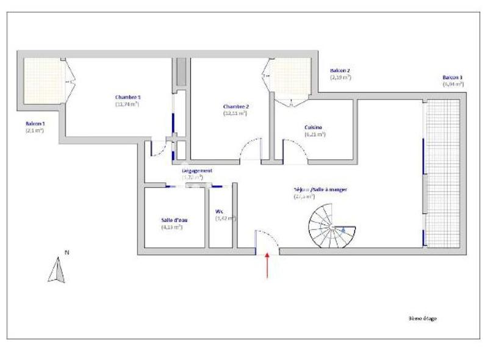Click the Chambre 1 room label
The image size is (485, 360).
(x=128, y=97)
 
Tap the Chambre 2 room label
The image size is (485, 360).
(x=235, y=106)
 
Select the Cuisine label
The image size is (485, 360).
(x=314, y=128)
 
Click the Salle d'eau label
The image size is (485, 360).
(x=172, y=220)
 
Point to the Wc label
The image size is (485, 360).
(x=219, y=212)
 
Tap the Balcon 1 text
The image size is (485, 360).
(x=35, y=123)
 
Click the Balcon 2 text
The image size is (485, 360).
(x=340, y=71)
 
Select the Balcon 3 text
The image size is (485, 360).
(x=452, y=77)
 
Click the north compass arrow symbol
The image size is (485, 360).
(x=57, y=270)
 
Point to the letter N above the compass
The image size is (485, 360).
(x=67, y=252)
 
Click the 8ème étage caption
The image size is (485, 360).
(x=423, y=318)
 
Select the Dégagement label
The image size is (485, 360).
(x=197, y=171)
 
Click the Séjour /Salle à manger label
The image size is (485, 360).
(x=320, y=190)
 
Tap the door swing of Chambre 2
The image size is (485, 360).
(x=250, y=149)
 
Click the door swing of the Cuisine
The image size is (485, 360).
(x=294, y=150)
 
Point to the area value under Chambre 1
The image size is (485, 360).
(x=127, y=104)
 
